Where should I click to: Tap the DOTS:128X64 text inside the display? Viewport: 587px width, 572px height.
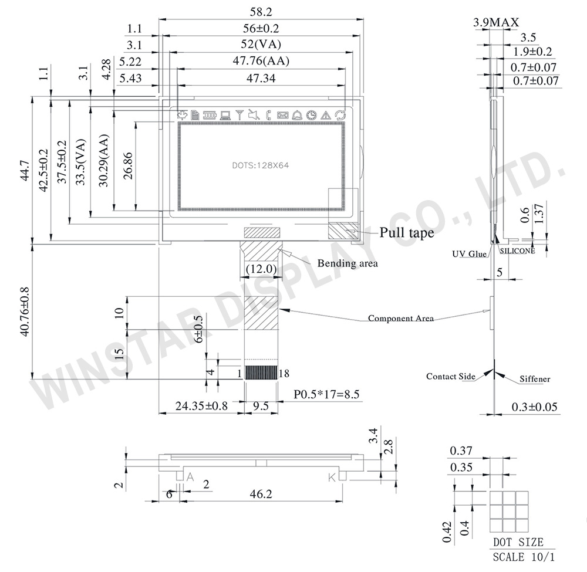[x=260, y=166]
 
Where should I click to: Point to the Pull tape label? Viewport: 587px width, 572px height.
[x=406, y=233]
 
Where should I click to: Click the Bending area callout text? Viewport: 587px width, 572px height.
[x=348, y=263]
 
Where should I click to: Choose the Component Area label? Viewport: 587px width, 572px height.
[x=401, y=319]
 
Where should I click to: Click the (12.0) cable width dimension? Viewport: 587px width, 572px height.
[x=260, y=269]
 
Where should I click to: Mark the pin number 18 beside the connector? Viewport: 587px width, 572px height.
[x=285, y=373]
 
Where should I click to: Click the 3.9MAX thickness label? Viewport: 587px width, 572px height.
[x=496, y=23]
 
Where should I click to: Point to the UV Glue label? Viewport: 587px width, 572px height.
[x=469, y=253]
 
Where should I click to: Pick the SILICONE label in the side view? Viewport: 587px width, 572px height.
[x=517, y=251]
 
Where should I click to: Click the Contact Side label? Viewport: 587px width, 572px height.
[x=450, y=377]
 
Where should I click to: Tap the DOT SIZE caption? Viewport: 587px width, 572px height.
[x=518, y=542]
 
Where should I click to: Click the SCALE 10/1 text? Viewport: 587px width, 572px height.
[x=522, y=556]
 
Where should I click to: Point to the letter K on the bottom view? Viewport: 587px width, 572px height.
[x=332, y=478]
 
